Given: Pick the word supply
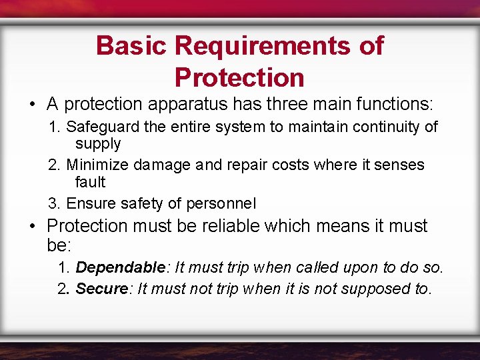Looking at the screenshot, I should click(x=98, y=144).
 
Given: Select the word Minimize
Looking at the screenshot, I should click(x=97, y=165).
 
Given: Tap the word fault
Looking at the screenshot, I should click(x=90, y=182).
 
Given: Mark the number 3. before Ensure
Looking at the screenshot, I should click(x=55, y=203).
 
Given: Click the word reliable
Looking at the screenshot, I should click(x=228, y=226).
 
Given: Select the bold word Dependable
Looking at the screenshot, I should click(x=120, y=267).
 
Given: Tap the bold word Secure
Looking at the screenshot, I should click(x=101, y=289).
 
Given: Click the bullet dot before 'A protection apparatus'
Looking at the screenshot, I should click(x=33, y=105).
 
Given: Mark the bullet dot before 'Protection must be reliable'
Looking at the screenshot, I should click(x=33, y=227).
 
